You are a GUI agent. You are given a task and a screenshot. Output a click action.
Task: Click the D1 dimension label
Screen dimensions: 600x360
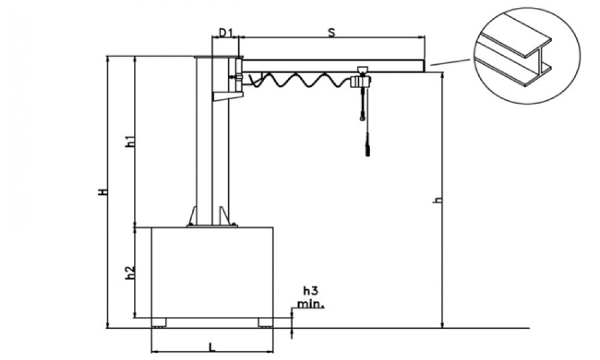(226, 32)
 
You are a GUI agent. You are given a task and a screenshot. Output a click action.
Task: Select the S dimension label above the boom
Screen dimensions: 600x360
(331, 32)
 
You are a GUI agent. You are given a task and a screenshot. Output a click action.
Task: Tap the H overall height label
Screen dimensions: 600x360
(102, 191)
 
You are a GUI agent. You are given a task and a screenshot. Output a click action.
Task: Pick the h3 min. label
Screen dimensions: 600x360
(311, 298)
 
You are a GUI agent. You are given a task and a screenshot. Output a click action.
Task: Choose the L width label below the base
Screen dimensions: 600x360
(212, 347)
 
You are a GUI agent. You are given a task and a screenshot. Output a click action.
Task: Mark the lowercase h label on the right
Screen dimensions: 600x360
(439, 199)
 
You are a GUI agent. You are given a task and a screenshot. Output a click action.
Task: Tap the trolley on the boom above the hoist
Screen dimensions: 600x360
(362, 70)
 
